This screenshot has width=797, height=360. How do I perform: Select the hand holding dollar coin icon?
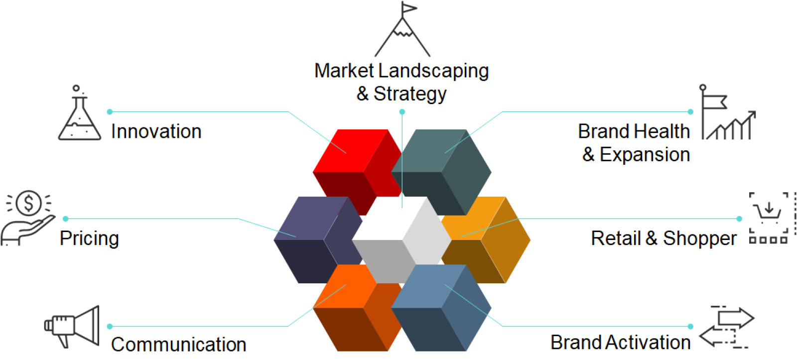click(x=28, y=218)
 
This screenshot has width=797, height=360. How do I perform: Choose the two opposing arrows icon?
click(x=727, y=327)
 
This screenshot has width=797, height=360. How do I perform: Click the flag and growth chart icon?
click(x=728, y=112)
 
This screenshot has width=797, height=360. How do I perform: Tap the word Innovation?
click(x=156, y=131)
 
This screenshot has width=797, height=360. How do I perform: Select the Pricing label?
click(x=89, y=239)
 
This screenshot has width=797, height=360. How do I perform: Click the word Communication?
click(x=179, y=345)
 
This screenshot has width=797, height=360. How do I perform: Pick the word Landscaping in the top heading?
click(x=433, y=71)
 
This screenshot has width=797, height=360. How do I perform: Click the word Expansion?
click(x=645, y=155)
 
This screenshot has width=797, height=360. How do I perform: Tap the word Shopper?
click(x=700, y=239)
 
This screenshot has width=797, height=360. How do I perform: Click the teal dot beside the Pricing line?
click(x=65, y=219)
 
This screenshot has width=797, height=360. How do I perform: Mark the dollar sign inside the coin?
click(x=28, y=203)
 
